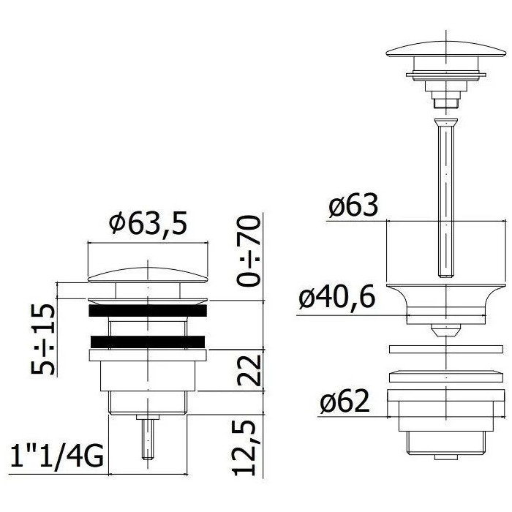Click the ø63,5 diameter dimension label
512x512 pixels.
point(148,222)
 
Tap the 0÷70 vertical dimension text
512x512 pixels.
point(249,251)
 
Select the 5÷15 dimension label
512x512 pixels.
point(42,339)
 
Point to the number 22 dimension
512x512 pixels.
point(249,370)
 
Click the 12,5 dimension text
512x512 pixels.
point(244,448)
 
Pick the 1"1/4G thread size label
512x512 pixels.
point(56,455)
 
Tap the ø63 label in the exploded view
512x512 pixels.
point(353,206)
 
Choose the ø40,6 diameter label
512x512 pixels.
point(336,298)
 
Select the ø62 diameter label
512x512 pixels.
point(345,401)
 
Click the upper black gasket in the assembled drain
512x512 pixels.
point(148,311)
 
